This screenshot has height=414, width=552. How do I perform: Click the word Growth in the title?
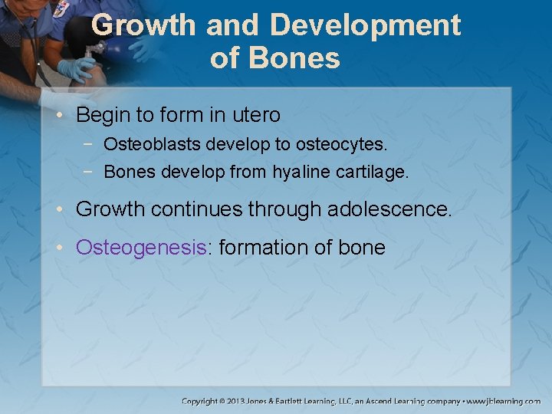(143, 25)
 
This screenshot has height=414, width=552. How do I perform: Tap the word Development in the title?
(366, 25)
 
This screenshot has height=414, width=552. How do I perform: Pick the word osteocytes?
(343, 144)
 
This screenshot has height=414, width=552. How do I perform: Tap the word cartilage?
(372, 172)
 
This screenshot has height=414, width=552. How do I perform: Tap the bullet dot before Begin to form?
(64, 117)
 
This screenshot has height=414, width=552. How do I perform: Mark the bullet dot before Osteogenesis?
(64, 248)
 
